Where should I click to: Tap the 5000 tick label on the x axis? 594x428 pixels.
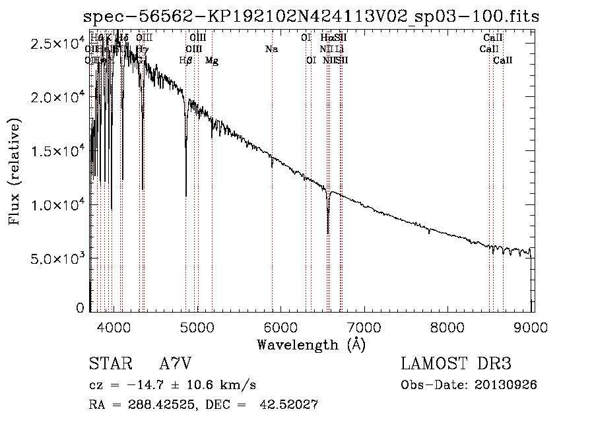tap(197, 326)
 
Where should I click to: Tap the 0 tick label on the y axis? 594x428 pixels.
tap(81, 308)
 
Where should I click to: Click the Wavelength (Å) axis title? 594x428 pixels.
tap(311, 344)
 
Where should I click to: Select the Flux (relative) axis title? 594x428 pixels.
tap(15, 171)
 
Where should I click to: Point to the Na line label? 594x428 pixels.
tap(271, 49)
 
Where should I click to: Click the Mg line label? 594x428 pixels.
tap(212, 61)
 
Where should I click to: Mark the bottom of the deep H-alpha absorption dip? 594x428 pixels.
tap(328, 232)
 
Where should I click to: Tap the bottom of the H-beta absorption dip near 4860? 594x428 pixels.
tap(186, 195)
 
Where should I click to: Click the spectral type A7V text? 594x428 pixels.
tap(175, 364)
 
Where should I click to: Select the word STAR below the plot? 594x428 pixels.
tap(109, 364)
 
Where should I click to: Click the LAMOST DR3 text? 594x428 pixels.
tap(455, 364)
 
